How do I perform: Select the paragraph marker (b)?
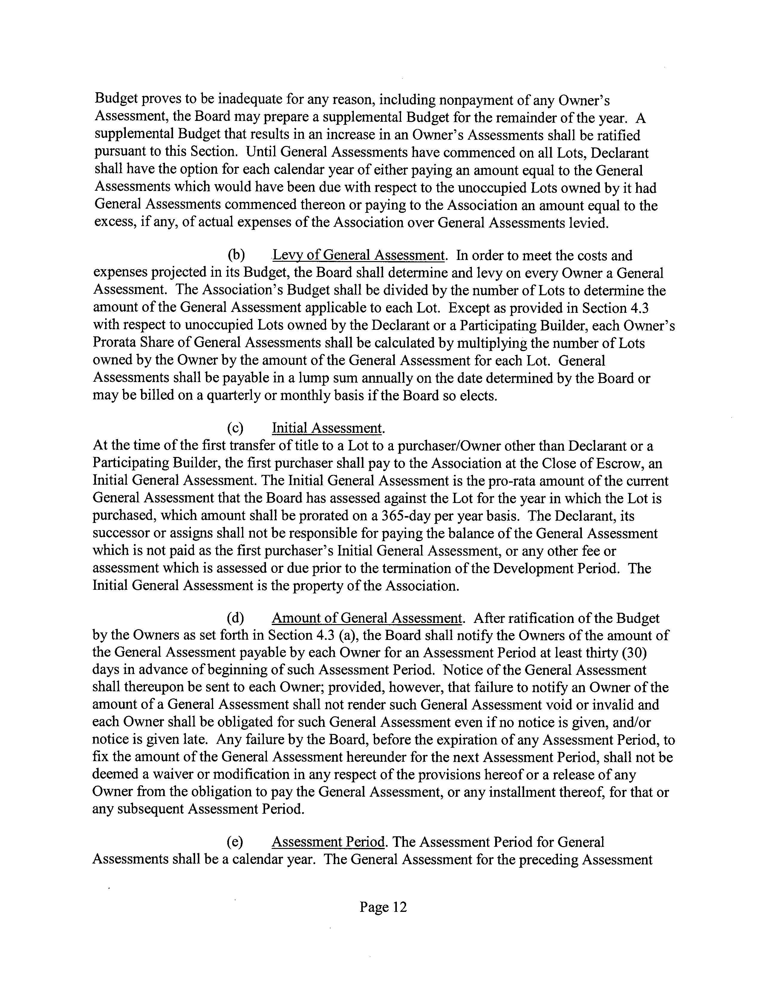point(236,256)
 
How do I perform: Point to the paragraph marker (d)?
point(236,618)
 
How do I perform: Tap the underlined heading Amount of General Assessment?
point(367,618)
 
